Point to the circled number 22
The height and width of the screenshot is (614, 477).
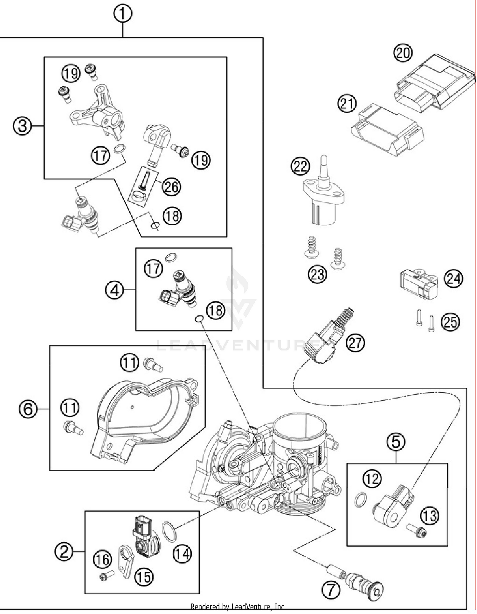point(300,166)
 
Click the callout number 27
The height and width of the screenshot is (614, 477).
point(356,343)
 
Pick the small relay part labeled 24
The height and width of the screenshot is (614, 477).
point(418,284)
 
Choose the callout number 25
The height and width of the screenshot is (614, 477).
point(450,322)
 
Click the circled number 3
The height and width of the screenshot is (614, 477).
point(22,126)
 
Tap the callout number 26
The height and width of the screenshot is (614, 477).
point(172,187)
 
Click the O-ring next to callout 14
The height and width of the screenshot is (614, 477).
point(169,532)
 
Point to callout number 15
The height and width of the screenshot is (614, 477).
point(144,576)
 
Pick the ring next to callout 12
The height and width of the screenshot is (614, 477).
point(360,499)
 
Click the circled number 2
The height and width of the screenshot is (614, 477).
point(64,551)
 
